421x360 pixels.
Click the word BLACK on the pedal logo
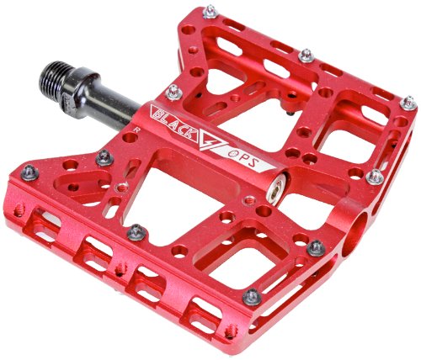[174, 124]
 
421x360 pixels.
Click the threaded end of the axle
[56, 77]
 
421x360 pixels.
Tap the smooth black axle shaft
[115, 105]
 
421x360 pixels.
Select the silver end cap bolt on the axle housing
[275, 188]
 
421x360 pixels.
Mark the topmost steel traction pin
[210, 12]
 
